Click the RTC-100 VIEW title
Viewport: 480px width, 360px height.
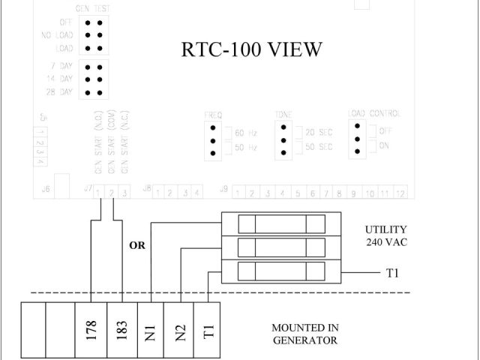point(252,49)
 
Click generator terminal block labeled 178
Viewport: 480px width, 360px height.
point(91,330)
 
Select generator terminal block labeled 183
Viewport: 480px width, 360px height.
point(122,330)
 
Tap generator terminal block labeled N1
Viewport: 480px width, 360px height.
point(151,330)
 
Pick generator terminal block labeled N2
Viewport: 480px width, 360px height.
point(179,330)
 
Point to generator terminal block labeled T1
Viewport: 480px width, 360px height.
point(208,330)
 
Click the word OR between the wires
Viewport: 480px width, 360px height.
point(138,245)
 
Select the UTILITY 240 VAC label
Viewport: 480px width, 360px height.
point(385,236)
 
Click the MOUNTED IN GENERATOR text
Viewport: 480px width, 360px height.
point(305,334)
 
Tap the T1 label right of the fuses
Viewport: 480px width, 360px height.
point(392,274)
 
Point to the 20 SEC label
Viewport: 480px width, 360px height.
point(318,133)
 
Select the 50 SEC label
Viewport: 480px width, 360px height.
point(318,147)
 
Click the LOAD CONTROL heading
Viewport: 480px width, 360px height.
point(374,114)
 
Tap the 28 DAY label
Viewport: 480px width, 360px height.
point(58,92)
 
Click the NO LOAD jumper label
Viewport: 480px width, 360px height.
point(57,35)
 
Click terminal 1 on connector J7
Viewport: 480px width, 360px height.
point(98,193)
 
